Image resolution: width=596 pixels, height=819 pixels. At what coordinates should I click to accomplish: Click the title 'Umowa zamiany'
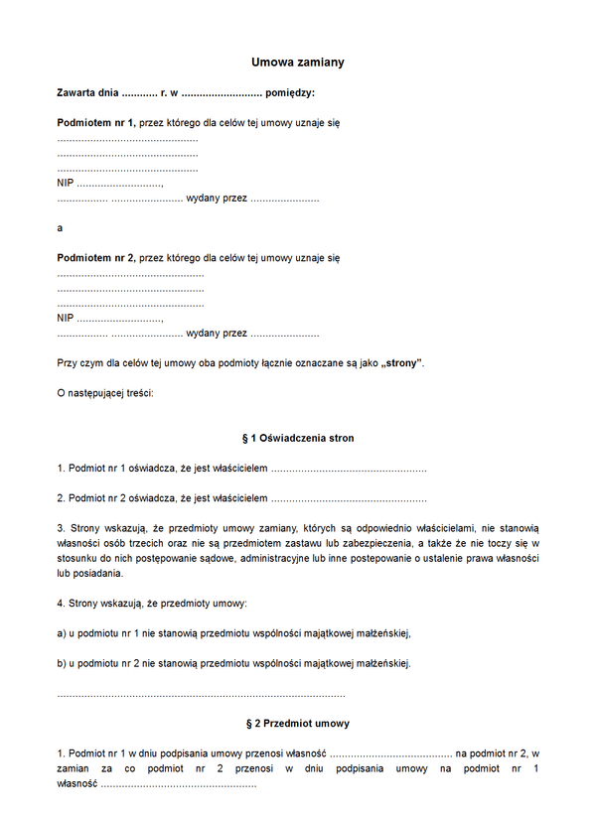pyautogui.click(x=298, y=63)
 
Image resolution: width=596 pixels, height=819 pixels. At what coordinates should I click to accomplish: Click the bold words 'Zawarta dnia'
pyautogui.click(x=87, y=92)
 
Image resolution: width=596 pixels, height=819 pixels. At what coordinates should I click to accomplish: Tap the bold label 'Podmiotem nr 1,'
pyautogui.click(x=96, y=122)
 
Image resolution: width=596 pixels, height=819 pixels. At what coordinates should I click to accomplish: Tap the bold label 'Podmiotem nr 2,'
pyautogui.click(x=96, y=258)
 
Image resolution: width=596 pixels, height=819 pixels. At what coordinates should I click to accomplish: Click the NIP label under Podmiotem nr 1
pyautogui.click(x=66, y=184)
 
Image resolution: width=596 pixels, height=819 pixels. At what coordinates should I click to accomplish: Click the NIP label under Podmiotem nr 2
pyautogui.click(x=66, y=319)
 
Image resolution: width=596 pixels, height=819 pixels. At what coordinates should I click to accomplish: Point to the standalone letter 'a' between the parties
pyautogui.click(x=60, y=228)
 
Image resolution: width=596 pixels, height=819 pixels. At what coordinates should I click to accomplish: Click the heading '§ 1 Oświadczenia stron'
pyautogui.click(x=298, y=438)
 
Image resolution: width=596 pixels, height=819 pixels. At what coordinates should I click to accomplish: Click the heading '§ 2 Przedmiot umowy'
pyautogui.click(x=298, y=724)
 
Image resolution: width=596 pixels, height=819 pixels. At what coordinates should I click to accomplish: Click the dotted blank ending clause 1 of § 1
pyautogui.click(x=349, y=468)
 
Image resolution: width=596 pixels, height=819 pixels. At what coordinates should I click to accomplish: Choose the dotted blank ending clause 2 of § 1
pyautogui.click(x=349, y=498)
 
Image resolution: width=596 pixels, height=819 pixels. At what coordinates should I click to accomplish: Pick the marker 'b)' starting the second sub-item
pyautogui.click(x=63, y=663)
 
